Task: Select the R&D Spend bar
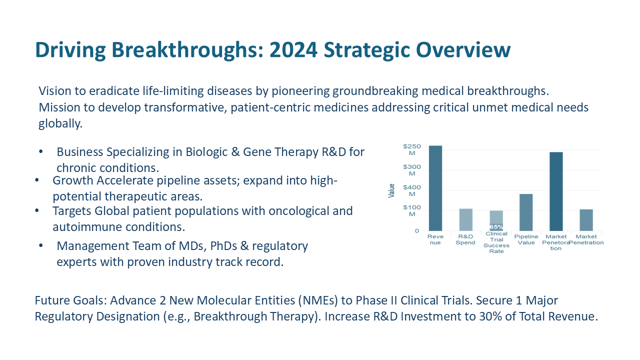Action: pyautogui.click(x=465, y=219)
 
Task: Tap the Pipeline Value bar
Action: pyautogui.click(x=526, y=212)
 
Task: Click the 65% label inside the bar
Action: pyautogui.click(x=496, y=227)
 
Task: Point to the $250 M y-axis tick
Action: pyautogui.click(x=411, y=149)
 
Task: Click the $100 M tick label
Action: pyautogui.click(x=411, y=210)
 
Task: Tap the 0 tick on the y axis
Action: pyautogui.click(x=416, y=231)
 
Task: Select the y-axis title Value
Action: pyautogui.click(x=392, y=190)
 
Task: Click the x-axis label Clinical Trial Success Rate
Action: pyautogui.click(x=496, y=242)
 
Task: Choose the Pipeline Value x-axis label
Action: pyautogui.click(x=526, y=239)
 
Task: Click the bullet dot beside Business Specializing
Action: pyautogui.click(x=41, y=151)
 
